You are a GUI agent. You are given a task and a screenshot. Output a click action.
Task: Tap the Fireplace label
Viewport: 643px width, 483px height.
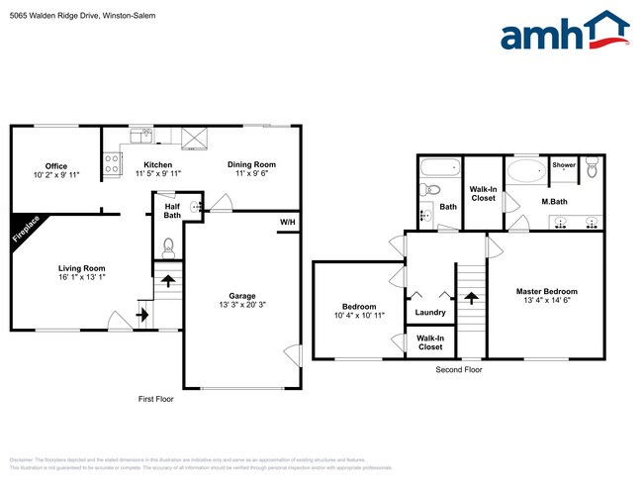[28, 230]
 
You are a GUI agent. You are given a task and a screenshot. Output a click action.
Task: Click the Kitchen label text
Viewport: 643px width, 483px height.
[158, 164]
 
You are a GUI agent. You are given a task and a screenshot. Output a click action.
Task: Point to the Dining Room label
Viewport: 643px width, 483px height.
[252, 164]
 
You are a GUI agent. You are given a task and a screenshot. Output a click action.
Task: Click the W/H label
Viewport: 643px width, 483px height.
[287, 222]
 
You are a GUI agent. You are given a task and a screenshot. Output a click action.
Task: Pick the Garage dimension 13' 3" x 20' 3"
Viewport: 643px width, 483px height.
[241, 304]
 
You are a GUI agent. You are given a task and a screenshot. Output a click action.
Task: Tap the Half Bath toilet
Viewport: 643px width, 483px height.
[167, 246]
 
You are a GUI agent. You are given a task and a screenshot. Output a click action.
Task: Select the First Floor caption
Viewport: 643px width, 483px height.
[158, 398]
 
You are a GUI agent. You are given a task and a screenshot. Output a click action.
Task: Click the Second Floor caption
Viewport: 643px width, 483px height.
[459, 369]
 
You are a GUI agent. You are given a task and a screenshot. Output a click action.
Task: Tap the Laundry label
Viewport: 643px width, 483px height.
[430, 313]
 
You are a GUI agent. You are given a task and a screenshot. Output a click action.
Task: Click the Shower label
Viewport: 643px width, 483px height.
[564, 165]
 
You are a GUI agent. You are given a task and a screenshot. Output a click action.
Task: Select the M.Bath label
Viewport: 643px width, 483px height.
[553, 202]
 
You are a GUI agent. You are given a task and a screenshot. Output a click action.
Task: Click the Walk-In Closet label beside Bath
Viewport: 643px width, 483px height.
[483, 193]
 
